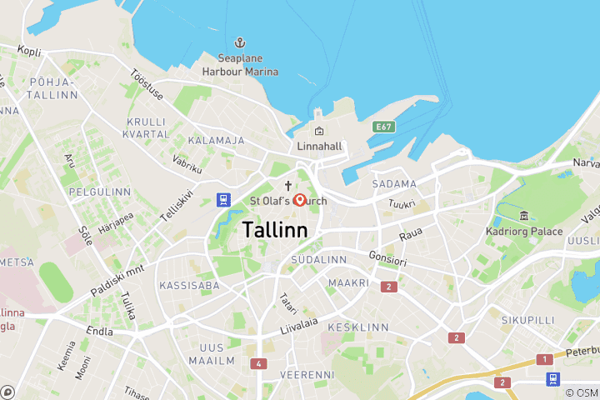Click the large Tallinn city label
(x=275, y=229)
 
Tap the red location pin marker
(x=300, y=200)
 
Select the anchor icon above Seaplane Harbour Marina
(x=240, y=42)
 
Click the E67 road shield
(x=383, y=127)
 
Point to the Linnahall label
(x=321, y=147)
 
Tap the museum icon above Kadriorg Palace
(x=523, y=216)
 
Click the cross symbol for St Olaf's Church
(x=289, y=186)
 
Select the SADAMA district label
(x=395, y=183)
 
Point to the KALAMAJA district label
(x=216, y=141)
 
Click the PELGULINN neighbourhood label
(x=100, y=192)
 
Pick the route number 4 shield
(x=260, y=363)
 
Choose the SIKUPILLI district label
(x=527, y=319)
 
